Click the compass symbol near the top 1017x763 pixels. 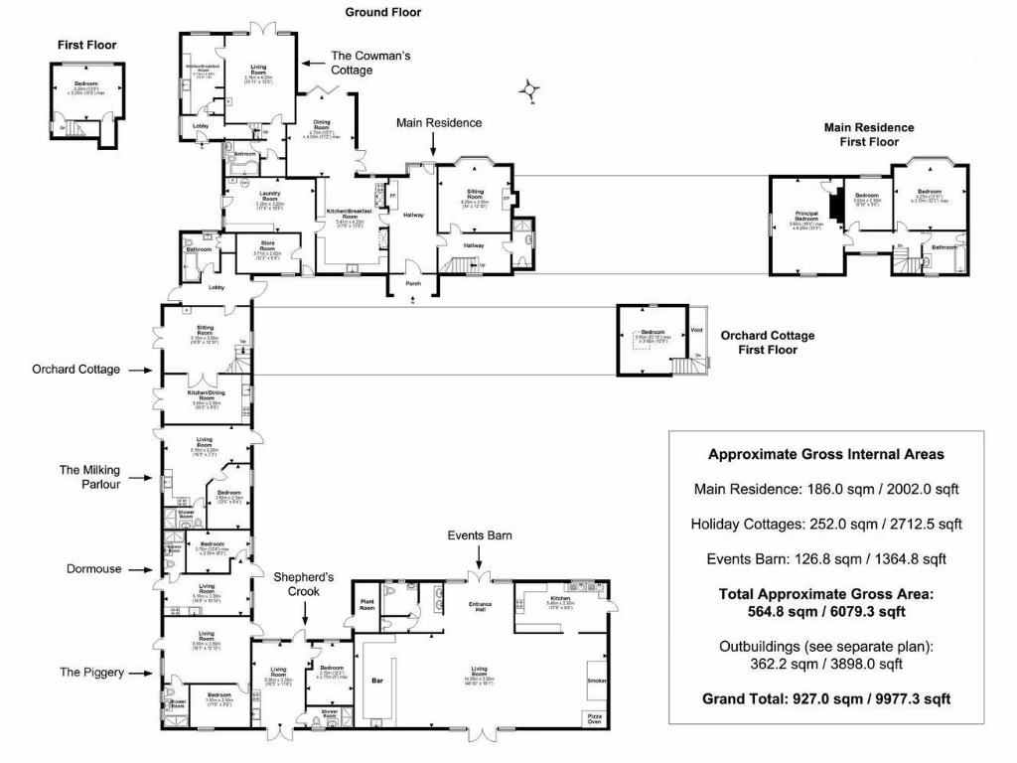(x=532, y=90)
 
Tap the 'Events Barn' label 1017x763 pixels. (x=479, y=535)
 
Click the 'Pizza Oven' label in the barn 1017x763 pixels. (x=593, y=719)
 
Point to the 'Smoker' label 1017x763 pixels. (x=597, y=681)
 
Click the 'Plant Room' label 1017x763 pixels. (x=367, y=605)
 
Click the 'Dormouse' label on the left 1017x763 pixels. (x=94, y=569)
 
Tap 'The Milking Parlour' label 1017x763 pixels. (x=89, y=477)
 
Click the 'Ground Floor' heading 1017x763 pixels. (x=382, y=13)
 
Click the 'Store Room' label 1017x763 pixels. (x=268, y=250)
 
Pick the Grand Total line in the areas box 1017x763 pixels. (x=826, y=698)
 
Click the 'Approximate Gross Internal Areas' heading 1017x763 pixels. (x=825, y=454)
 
